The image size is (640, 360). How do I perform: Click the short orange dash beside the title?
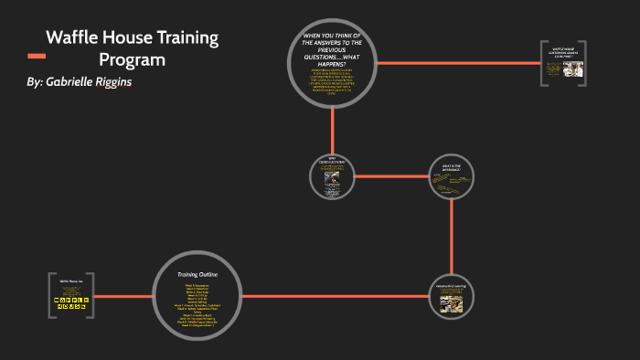coord(37,57)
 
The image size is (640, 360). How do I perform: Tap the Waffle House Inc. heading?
coord(70,281)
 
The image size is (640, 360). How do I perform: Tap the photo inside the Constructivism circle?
coord(332,182)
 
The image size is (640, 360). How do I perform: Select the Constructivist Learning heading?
coord(453,285)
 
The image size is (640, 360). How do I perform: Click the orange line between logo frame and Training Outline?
coord(123,296)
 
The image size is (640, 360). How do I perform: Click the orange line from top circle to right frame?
coord(457,63)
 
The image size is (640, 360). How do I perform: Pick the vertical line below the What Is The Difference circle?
coord(453,237)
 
